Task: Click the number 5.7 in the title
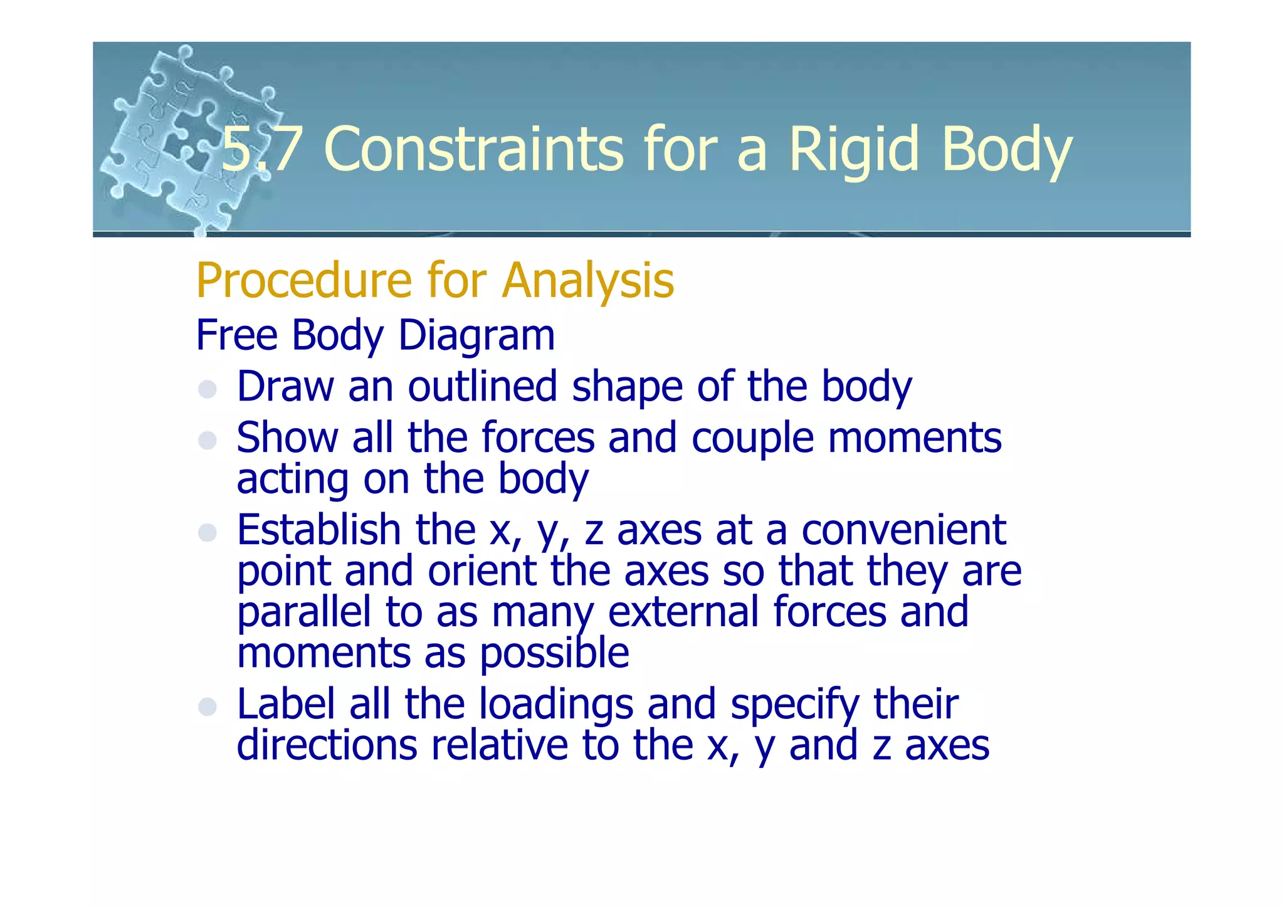point(258,149)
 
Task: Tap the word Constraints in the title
point(473,149)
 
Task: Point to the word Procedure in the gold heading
point(302,280)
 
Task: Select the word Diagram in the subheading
point(476,335)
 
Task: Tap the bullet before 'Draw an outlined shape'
point(208,389)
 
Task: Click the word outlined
point(482,386)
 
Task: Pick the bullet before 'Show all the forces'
point(208,440)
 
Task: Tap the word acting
point(292,480)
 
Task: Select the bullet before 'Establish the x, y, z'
point(208,533)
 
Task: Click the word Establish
point(318,530)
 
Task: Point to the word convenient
point(903,530)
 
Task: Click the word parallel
point(303,612)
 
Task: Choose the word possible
point(554,654)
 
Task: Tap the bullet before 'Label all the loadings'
point(208,707)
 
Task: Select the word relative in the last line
point(498,745)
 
